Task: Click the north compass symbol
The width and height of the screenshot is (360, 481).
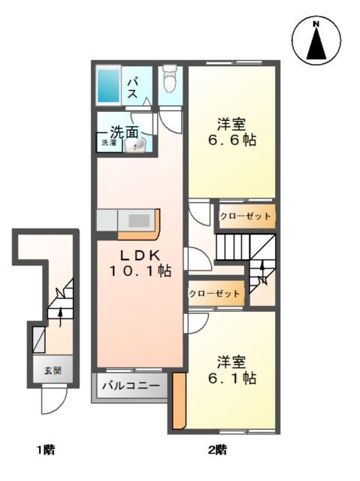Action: (316, 42)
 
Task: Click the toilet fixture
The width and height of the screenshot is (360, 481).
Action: (170, 77)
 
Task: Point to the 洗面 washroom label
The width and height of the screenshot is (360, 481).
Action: (125, 131)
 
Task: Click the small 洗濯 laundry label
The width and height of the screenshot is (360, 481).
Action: (108, 142)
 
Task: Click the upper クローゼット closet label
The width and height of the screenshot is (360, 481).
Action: (245, 216)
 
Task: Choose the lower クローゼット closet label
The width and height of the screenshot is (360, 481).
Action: (215, 294)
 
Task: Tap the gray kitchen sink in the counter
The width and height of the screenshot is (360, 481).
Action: (140, 220)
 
